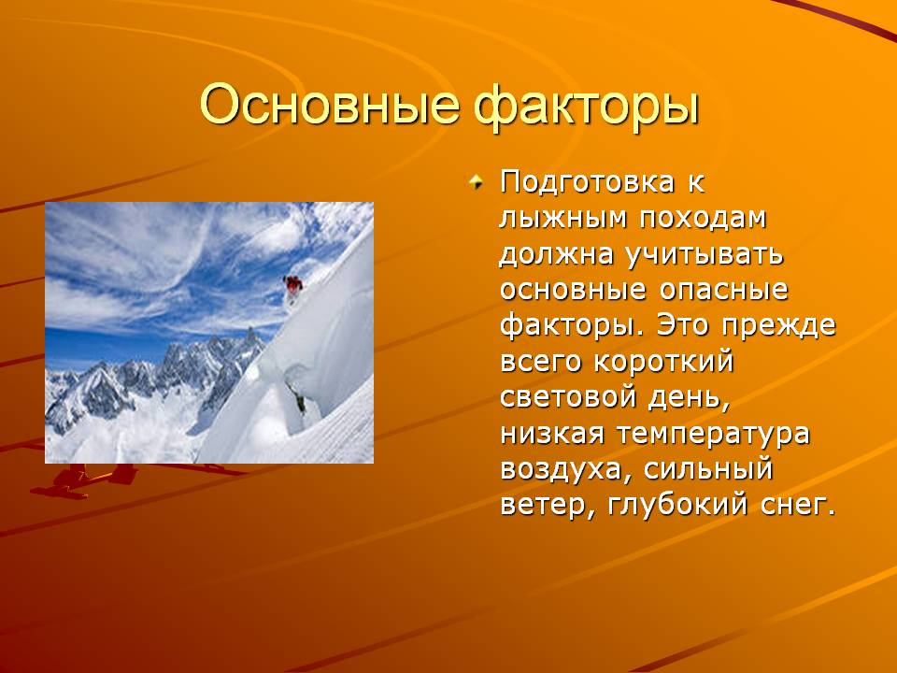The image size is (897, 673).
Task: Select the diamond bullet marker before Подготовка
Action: (x=476, y=182)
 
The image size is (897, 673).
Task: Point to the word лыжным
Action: (x=563, y=218)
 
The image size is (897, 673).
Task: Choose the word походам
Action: (x=703, y=219)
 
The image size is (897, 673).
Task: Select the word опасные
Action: (x=723, y=290)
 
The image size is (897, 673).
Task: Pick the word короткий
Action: (x=663, y=361)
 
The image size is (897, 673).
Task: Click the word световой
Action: (x=567, y=397)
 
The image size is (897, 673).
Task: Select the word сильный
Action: (x=707, y=469)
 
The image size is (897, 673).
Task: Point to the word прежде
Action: (x=778, y=325)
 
